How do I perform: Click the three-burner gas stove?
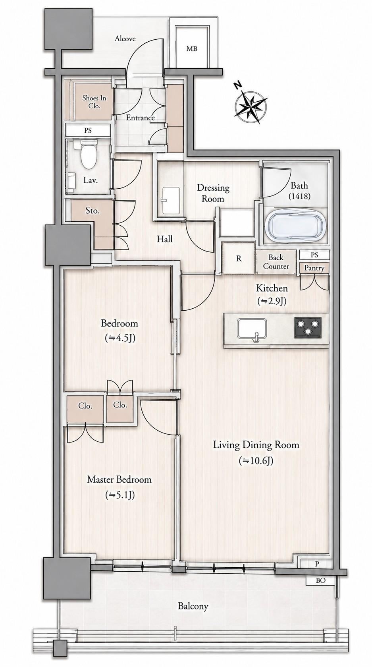(x=308, y=328)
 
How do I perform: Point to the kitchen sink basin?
(x=252, y=329)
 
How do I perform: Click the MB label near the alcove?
(x=192, y=48)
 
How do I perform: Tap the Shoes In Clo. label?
(x=94, y=102)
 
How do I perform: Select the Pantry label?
(x=314, y=268)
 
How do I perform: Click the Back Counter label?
(x=276, y=262)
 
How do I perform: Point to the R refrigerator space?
(x=239, y=259)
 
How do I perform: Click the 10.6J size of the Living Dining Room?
(x=256, y=461)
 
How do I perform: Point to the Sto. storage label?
(x=93, y=211)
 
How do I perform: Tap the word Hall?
(x=165, y=239)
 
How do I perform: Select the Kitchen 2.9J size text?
(x=272, y=302)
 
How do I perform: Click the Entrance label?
(x=140, y=118)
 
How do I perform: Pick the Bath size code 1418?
(x=299, y=196)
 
